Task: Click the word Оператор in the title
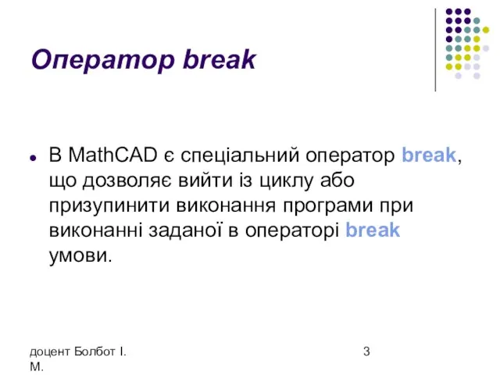[x=103, y=59]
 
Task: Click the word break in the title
[x=220, y=59]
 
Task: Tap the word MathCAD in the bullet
[x=112, y=155]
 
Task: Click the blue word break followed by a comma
[x=429, y=155]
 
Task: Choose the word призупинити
[x=109, y=206]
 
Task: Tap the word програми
[x=327, y=207]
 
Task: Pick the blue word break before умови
[x=373, y=230]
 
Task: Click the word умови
[x=80, y=256]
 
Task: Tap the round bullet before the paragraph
[x=33, y=158]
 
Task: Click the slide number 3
[x=366, y=352]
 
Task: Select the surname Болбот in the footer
[x=95, y=352]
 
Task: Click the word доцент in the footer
[x=50, y=352]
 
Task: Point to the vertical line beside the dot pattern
[x=435, y=50]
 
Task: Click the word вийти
[x=205, y=180]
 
